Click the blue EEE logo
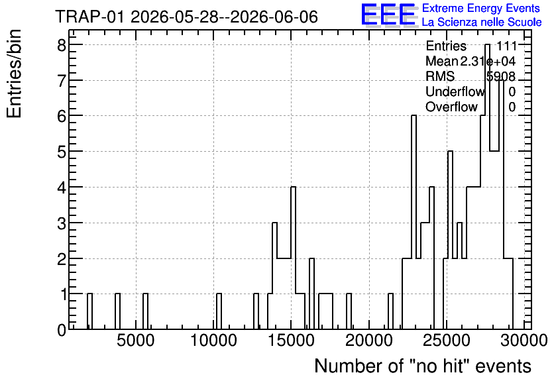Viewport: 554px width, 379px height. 388,15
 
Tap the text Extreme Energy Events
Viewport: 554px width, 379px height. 481,8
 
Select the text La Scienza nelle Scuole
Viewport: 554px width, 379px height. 482,22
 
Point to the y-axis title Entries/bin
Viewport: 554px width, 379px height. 15,74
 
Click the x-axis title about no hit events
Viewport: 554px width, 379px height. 423,366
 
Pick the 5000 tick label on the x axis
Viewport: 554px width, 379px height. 136,341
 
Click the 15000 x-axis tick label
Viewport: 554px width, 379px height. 291,341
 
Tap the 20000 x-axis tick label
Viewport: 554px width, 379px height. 369,341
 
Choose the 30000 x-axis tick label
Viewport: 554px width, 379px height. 524,341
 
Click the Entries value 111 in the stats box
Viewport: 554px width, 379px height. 506,46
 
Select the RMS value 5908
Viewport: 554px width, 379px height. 500,76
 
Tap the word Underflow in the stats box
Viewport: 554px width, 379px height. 455,91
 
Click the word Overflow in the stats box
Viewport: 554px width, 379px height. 451,107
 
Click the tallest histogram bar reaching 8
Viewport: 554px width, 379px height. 487,187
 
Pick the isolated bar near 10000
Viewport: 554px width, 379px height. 219,311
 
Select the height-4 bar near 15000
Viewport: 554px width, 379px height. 293,258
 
